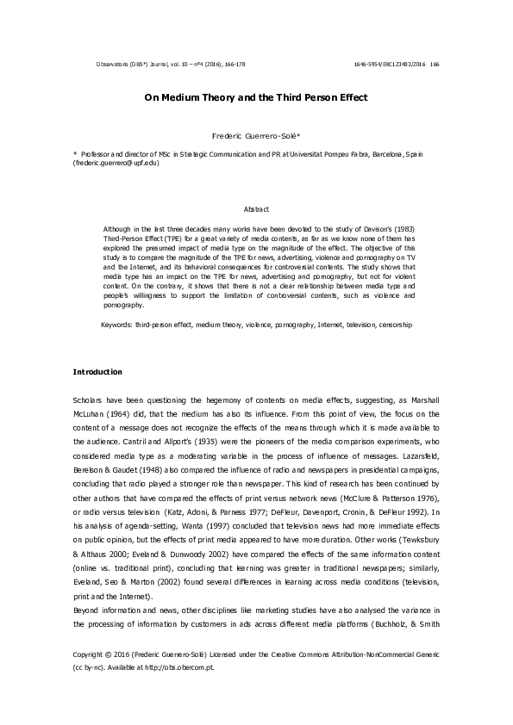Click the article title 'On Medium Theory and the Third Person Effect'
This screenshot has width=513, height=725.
point(255,97)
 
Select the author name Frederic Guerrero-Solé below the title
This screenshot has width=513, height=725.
point(255,136)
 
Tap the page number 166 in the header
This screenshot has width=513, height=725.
point(435,64)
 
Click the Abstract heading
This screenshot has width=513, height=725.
point(257,209)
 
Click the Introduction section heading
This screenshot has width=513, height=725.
point(97,372)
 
